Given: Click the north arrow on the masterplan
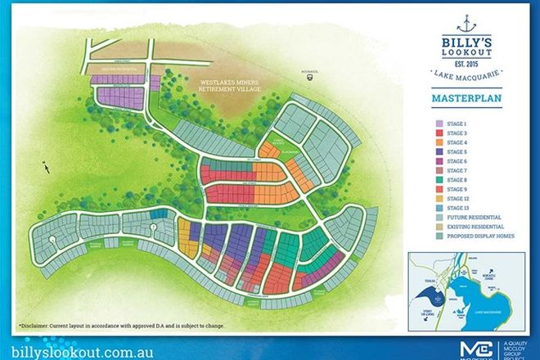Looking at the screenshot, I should tap(47, 167).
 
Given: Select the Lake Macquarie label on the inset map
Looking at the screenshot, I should tap(489, 310).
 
